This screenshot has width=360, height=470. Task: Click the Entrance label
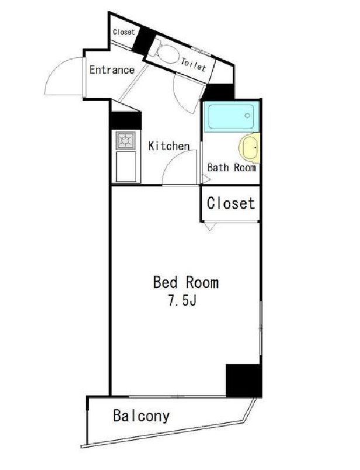(x=112, y=70)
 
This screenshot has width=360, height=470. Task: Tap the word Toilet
(x=193, y=64)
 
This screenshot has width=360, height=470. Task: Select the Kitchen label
(x=168, y=146)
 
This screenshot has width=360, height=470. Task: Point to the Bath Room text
(x=231, y=167)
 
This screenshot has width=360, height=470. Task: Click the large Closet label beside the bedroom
(x=231, y=203)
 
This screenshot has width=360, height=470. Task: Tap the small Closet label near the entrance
(x=123, y=32)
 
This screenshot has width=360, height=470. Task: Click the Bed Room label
(x=185, y=283)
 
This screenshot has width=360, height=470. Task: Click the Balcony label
(x=141, y=416)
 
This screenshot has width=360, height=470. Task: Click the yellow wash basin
(x=251, y=148)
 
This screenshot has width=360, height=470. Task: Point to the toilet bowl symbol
(x=164, y=54)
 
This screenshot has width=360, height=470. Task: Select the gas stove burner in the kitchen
(x=125, y=140)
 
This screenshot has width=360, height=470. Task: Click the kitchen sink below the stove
(x=126, y=167)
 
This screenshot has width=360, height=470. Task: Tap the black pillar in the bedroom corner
(x=243, y=379)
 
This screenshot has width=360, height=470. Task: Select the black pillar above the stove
(x=125, y=119)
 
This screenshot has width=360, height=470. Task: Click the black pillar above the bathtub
(x=219, y=91)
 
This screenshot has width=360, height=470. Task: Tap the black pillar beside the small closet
(x=143, y=39)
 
